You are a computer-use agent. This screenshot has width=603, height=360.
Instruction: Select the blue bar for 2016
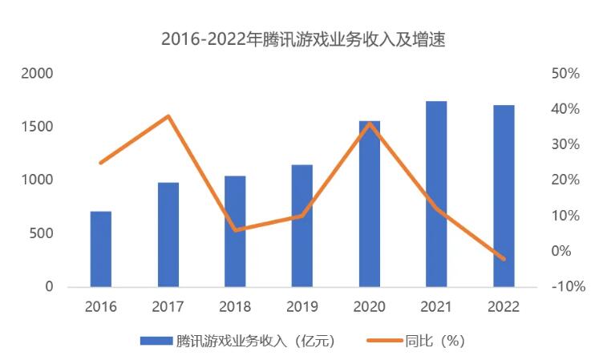point(100,249)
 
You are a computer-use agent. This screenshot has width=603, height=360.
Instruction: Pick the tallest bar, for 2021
point(436,193)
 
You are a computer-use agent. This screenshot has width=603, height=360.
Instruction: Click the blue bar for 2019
point(301,225)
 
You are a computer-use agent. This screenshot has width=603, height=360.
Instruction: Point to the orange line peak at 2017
point(168,116)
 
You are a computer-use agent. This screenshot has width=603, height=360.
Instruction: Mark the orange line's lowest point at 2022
point(504,259)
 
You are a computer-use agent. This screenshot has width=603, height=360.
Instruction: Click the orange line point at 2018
point(235,230)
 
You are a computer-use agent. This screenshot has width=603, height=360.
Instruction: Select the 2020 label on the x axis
point(369,306)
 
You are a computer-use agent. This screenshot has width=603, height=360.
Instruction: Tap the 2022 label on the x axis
point(504,306)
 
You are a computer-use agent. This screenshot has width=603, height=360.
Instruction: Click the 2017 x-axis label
point(168,306)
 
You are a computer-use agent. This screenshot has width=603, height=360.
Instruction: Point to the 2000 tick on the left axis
point(37,74)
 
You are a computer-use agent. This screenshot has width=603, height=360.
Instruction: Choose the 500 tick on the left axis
point(41,233)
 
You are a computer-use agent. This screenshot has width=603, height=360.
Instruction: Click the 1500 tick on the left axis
point(37,127)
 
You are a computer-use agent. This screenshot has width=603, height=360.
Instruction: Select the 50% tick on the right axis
point(565,74)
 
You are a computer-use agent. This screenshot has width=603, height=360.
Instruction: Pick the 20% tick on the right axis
point(565,180)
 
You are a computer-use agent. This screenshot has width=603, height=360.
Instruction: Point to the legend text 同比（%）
point(437,341)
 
